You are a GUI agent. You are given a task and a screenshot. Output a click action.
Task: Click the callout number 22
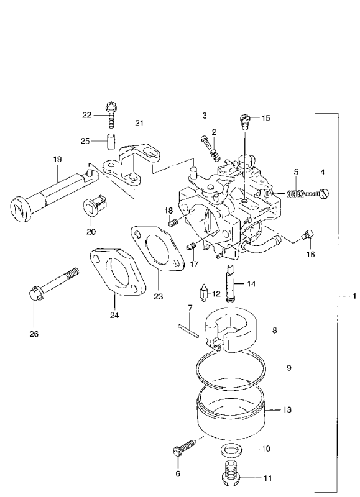(x=86, y=115)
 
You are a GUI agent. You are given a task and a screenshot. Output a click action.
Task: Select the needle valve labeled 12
(x=204, y=293)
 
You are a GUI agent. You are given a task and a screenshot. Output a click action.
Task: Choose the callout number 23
(x=158, y=297)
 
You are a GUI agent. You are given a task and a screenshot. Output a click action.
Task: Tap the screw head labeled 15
(x=245, y=117)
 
